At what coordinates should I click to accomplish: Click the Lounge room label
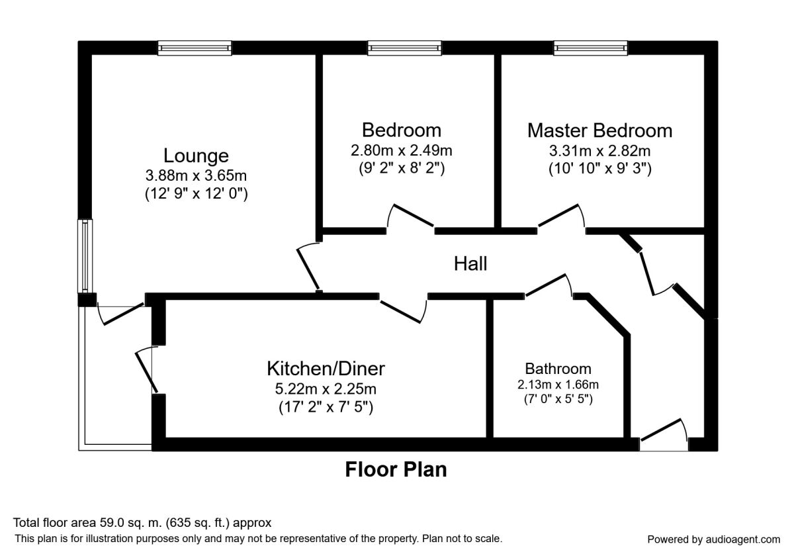196,156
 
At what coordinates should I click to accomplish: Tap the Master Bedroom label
599,130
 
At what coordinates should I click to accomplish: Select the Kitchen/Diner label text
326,369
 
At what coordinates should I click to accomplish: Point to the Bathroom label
558,369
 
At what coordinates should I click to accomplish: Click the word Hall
470,264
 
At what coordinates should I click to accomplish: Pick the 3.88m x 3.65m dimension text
196,175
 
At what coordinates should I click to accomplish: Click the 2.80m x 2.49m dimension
402,150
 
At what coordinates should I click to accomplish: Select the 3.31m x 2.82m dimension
599,151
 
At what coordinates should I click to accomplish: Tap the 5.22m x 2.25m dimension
326,389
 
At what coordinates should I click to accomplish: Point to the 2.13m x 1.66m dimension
558,385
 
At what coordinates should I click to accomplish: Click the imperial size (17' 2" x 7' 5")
326,407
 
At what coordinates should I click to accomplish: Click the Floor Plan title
396,469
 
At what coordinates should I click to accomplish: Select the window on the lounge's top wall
195,48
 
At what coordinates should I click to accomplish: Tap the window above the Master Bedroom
590,48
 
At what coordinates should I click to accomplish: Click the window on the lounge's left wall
85,255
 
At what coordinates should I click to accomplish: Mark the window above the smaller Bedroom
404,48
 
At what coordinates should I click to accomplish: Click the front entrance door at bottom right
664,435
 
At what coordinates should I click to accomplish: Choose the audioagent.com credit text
713,539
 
